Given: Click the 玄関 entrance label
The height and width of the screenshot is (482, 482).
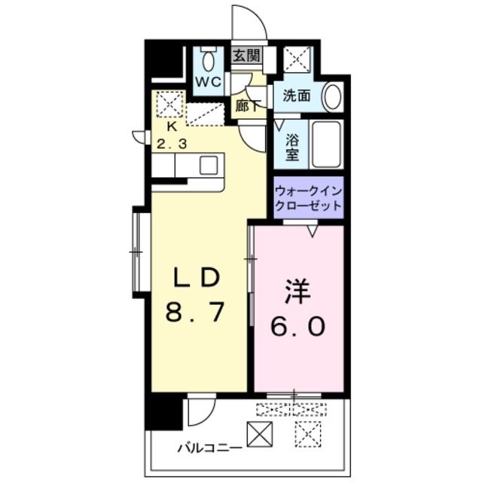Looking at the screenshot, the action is click(247, 56).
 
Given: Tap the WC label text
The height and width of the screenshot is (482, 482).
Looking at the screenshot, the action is click(209, 82).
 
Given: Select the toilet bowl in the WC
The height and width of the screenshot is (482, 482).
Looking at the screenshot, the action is click(209, 60).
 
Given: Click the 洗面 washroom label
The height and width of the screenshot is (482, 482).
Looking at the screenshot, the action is click(296, 96).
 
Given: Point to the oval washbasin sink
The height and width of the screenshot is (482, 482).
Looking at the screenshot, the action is click(331, 96).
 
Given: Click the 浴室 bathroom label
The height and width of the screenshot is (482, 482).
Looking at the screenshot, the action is click(292, 148).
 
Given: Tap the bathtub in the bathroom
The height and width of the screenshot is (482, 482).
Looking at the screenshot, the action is click(327, 145).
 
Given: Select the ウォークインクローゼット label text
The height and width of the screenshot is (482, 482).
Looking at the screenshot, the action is click(309, 198).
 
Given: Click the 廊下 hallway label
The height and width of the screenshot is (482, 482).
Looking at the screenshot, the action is click(248, 106).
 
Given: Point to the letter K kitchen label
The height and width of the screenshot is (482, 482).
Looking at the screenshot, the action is click(172, 127).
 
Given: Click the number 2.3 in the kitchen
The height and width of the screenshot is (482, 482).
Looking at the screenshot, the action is click(172, 144).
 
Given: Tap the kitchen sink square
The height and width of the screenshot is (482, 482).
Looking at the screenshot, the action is click(209, 165).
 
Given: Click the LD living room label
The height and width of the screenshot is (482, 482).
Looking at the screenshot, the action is click(197, 278).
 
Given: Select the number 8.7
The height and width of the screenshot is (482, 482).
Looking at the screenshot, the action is click(195, 311).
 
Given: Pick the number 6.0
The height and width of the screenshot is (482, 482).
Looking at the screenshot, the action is click(297, 326).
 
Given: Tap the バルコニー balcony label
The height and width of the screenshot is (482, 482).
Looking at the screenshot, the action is click(209, 449).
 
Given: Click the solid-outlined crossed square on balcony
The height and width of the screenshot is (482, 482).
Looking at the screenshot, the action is click(260, 434).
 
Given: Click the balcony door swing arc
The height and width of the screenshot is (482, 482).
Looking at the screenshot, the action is click(209, 419).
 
